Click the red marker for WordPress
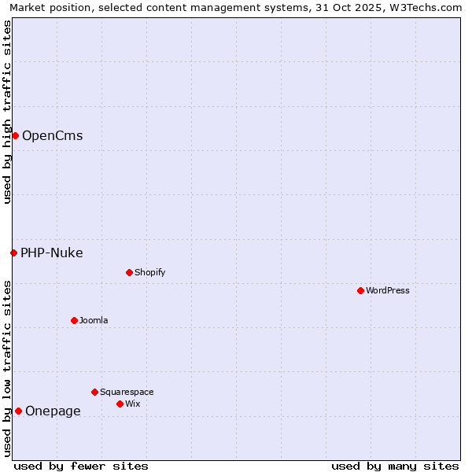[x=360, y=290]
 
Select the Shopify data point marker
[x=129, y=272]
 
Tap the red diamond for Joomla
[x=74, y=320]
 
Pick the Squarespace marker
[x=94, y=392]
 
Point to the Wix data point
[x=120, y=404]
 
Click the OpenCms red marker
[x=15, y=135]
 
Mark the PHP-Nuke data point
[x=13, y=253]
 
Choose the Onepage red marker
[x=18, y=411]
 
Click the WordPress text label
[x=388, y=290]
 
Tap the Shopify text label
[x=150, y=272]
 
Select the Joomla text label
[x=94, y=320]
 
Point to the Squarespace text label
[x=127, y=392]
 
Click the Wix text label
[x=133, y=404]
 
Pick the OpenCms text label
[x=52, y=135]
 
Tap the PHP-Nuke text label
[x=52, y=253]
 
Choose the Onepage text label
[x=53, y=411]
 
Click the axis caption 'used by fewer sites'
[x=81, y=466]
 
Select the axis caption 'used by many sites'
[x=395, y=466]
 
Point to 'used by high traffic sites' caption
[x=7, y=112]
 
